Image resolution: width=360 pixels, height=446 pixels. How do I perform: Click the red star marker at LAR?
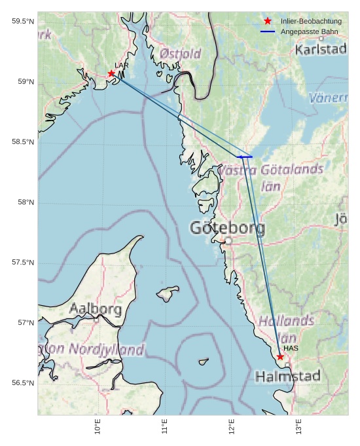coord(111,73)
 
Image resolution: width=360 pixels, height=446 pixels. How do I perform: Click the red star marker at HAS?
coord(280,357)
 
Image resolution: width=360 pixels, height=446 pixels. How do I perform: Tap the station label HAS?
coord(291,348)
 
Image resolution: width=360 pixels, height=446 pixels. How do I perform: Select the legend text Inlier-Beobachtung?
coord(311,22)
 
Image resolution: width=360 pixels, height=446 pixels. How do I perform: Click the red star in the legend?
coord(268,22)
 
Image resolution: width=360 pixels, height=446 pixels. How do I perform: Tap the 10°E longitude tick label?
coord(98,427)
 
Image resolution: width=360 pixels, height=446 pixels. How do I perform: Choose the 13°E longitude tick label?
coord(298,427)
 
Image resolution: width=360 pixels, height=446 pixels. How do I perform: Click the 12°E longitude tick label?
coord(232,427)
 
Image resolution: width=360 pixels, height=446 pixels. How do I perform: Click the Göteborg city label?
coord(228,228)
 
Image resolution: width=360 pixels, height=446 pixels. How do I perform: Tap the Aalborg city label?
coord(96,308)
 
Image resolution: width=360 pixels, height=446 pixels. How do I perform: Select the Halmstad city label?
coord(288,377)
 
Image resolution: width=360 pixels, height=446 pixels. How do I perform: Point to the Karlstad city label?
coord(321,50)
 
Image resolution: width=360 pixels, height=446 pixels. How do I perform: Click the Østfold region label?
coord(181,54)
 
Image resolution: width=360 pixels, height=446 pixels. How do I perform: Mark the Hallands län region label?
coord(286,329)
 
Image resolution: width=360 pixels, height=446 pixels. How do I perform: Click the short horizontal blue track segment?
coord(245,157)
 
